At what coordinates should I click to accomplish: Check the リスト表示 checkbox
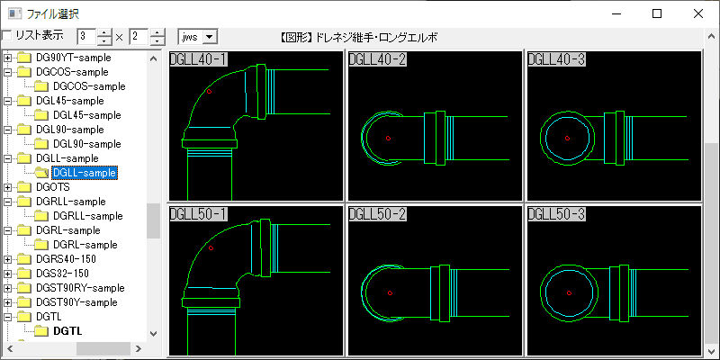[x=7, y=36]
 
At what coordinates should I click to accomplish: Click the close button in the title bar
[x=698, y=13]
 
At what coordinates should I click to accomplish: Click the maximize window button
[x=657, y=13]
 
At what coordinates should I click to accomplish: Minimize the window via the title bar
[x=616, y=13]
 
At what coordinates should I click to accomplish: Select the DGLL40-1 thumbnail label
[x=198, y=59]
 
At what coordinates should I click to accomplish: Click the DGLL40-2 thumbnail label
[x=377, y=59]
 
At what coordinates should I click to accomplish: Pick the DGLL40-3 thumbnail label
[x=556, y=59]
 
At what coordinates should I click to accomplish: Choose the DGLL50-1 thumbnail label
[x=198, y=214]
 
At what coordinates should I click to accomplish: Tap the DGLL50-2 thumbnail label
[x=377, y=214]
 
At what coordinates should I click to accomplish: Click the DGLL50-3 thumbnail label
[x=556, y=214]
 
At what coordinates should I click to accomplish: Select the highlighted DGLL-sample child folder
[x=85, y=173]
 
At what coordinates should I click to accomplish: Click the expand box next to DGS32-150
[x=8, y=274]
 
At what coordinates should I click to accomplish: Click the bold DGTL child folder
[x=67, y=331]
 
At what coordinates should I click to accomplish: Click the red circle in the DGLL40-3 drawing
[x=568, y=138]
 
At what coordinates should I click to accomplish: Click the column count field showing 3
[x=86, y=37]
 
